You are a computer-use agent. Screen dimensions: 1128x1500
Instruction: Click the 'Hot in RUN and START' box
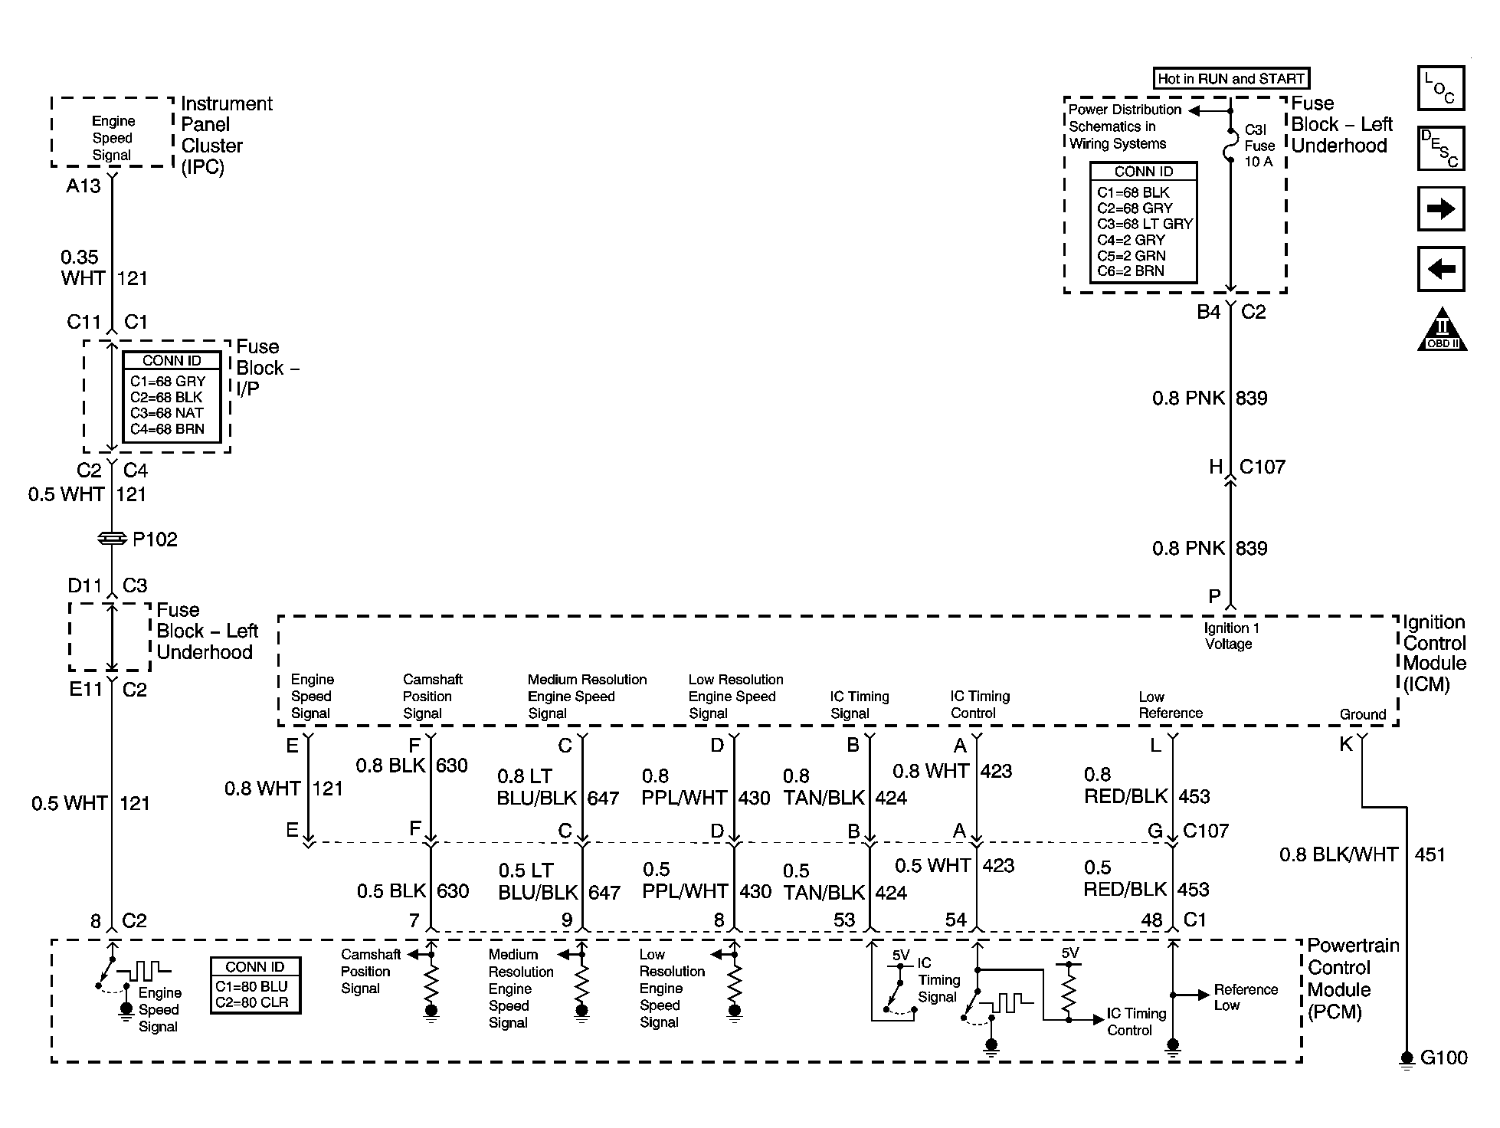(x=1231, y=78)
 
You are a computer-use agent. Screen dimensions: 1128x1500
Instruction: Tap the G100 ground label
(x=1443, y=1057)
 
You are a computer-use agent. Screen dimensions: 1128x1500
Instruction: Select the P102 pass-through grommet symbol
(x=113, y=539)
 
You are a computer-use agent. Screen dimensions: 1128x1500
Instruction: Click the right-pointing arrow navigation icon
(x=1440, y=208)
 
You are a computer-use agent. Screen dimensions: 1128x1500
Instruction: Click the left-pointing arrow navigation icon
(x=1440, y=269)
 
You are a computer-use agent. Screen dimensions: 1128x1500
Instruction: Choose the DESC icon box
(x=1440, y=148)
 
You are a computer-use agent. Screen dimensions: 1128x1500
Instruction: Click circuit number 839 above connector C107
(x=1251, y=398)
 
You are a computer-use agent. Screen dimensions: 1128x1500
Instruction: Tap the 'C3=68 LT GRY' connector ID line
(x=1145, y=225)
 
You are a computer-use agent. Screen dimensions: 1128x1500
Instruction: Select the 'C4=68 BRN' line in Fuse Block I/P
(x=167, y=429)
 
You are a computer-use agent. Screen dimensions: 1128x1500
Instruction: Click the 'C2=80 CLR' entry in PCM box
(x=251, y=1002)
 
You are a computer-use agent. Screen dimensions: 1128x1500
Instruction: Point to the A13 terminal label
(x=83, y=186)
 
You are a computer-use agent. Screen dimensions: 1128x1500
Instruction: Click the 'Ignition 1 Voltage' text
(x=1230, y=636)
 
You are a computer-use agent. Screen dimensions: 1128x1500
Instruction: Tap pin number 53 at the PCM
(x=843, y=920)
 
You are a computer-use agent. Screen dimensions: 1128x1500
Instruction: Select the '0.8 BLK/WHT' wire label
(x=1338, y=854)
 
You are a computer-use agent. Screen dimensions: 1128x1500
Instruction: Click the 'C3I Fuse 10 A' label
(x=1259, y=146)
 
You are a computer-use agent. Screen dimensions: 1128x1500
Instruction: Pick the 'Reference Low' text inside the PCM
(x=1245, y=997)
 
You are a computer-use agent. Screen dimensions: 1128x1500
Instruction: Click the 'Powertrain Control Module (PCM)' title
(x=1352, y=979)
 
